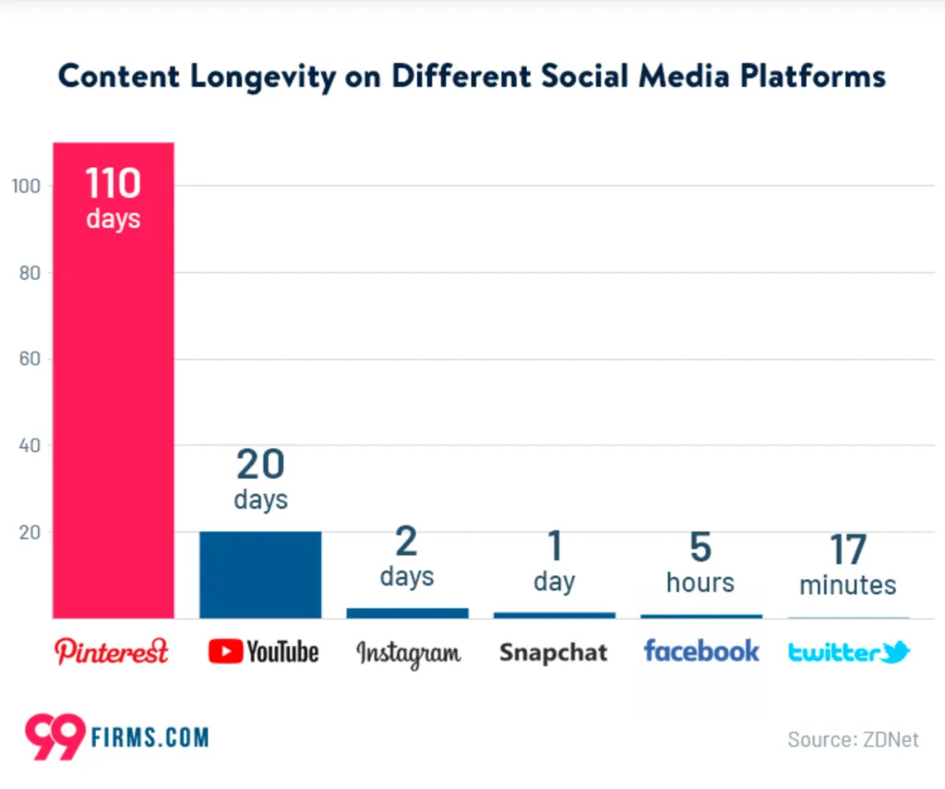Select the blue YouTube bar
260,574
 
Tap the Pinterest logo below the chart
113,652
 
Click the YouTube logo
263,652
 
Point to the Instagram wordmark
408,653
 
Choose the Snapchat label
554,652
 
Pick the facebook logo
701,651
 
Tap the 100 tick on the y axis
26,185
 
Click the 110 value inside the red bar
114,185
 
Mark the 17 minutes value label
847,565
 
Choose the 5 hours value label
700,562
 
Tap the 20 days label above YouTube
260,478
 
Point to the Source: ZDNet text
853,739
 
